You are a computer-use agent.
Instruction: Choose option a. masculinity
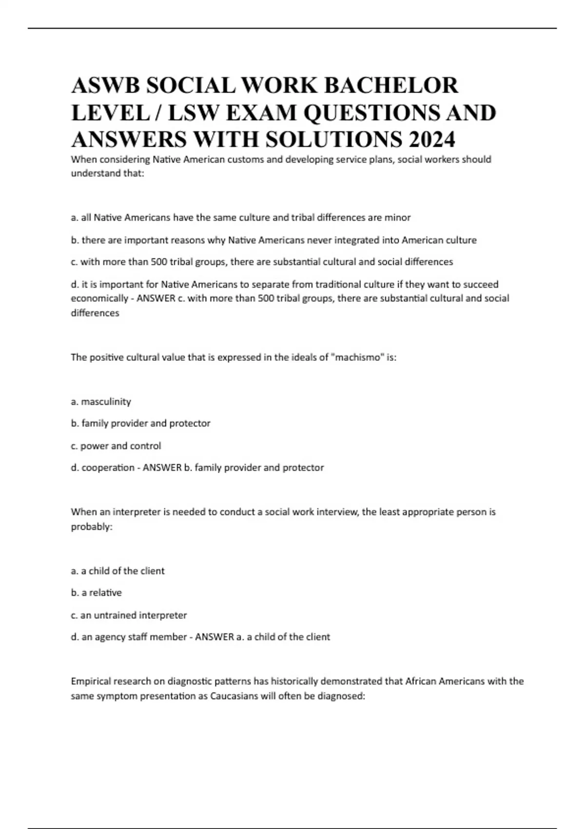click(101, 402)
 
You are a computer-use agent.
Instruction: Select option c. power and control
click(116, 446)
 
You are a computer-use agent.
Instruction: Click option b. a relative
click(97, 592)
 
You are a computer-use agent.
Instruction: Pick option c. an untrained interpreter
click(129, 615)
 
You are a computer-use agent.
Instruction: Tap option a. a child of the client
click(118, 571)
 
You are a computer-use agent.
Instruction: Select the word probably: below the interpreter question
click(92, 527)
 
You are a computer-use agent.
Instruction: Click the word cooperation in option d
click(108, 468)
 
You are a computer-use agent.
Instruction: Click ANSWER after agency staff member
click(214, 637)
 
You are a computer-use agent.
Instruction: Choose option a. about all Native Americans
click(241, 217)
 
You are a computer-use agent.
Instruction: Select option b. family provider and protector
click(141, 423)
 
